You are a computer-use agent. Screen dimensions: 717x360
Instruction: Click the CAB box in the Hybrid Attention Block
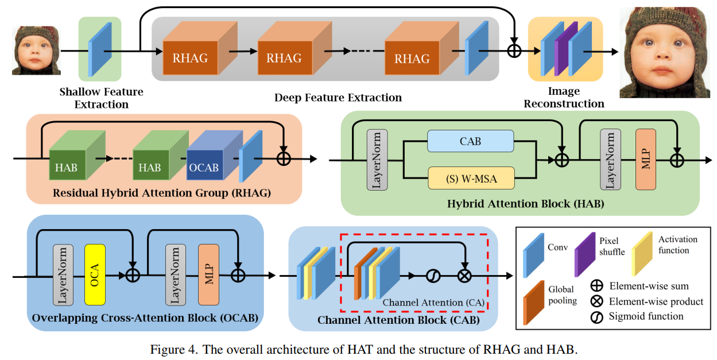click(470, 141)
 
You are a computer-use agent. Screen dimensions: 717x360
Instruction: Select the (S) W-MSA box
click(471, 178)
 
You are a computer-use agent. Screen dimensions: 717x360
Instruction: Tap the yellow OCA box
click(95, 274)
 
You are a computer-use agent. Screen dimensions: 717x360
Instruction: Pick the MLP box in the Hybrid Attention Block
click(646, 159)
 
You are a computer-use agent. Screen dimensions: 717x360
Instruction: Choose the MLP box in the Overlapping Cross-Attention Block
click(209, 274)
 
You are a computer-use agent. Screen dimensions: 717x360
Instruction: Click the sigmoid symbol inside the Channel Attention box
click(433, 276)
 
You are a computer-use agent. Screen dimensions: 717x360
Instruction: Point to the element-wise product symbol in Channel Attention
click(464, 276)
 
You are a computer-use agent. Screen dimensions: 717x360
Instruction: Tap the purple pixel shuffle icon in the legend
click(585, 254)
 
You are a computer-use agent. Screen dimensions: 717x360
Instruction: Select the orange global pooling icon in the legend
click(534, 303)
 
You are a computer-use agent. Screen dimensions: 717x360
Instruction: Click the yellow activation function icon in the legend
click(642, 254)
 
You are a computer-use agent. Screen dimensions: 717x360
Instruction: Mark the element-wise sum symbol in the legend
click(596, 286)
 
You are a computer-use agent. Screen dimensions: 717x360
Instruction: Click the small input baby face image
click(36, 51)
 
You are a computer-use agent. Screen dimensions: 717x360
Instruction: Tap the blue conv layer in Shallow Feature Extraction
click(100, 49)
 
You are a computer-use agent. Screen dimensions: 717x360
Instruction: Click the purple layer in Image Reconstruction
click(566, 49)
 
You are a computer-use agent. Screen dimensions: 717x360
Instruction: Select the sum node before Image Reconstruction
click(514, 51)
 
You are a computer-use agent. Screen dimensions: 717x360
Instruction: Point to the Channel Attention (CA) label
click(433, 303)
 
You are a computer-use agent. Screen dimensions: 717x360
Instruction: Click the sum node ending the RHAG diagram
click(284, 159)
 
